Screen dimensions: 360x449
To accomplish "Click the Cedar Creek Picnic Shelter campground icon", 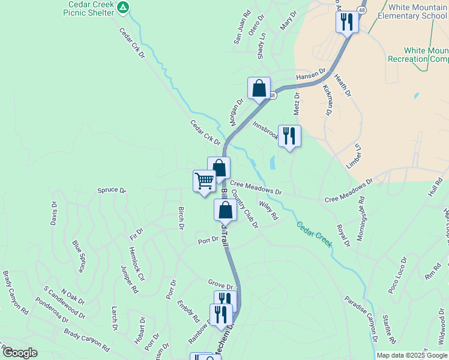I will click(123, 8).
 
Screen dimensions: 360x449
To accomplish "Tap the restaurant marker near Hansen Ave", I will click(347, 22).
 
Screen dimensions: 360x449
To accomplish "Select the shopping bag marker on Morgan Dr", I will click(259, 89).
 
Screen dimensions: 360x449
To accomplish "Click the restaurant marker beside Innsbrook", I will click(290, 136).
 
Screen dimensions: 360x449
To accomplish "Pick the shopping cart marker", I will click(204, 181).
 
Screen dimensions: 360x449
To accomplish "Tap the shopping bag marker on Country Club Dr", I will click(225, 211).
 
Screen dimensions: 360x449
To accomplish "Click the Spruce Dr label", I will click(112, 191).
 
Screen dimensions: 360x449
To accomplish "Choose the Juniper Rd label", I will click(129, 280).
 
